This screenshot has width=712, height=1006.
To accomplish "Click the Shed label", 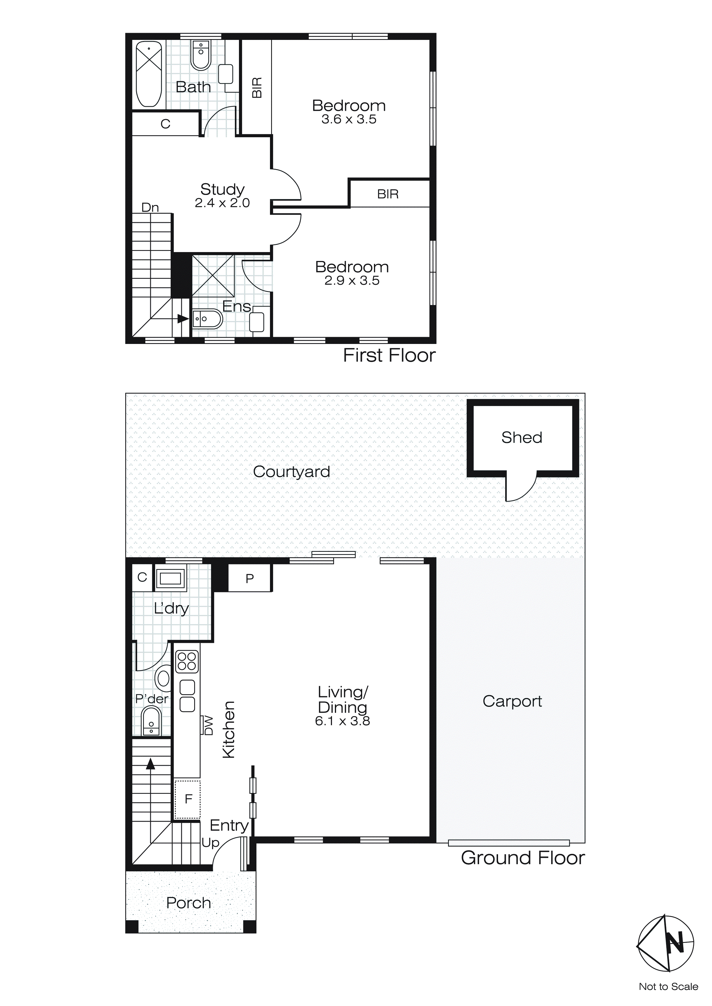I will tap(522, 437).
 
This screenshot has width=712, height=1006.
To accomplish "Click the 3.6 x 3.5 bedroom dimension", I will tap(349, 119).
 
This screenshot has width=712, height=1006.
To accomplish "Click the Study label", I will tap(222, 189).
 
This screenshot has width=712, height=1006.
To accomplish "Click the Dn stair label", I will tap(150, 207).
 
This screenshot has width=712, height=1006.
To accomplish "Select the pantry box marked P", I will tap(250, 578).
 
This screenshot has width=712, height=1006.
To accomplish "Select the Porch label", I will tap(188, 903).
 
